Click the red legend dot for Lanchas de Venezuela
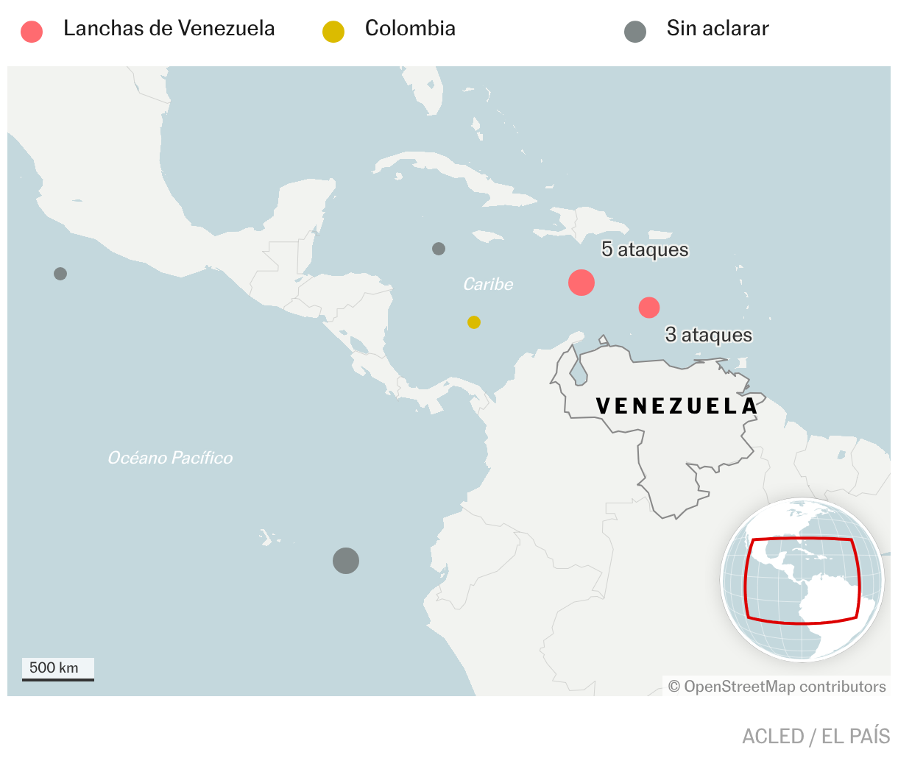tap(32, 32)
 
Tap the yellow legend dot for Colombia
tap(333, 32)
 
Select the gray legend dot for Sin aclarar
tap(634, 32)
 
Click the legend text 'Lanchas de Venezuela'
tap(169, 29)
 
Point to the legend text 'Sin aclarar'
tap(717, 29)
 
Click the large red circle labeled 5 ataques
tap(581, 283)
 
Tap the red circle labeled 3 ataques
tap(648, 308)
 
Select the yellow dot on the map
tap(474, 322)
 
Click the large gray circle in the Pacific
tap(346, 561)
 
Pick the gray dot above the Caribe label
tap(439, 249)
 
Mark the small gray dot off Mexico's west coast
tap(60, 274)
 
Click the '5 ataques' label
tap(645, 249)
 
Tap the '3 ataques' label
tap(709, 335)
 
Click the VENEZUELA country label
tap(676, 405)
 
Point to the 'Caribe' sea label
tap(488, 284)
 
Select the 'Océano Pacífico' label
tap(170, 458)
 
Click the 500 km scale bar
tap(57, 669)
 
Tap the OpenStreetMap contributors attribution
tap(777, 687)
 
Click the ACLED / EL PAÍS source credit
tap(816, 736)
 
